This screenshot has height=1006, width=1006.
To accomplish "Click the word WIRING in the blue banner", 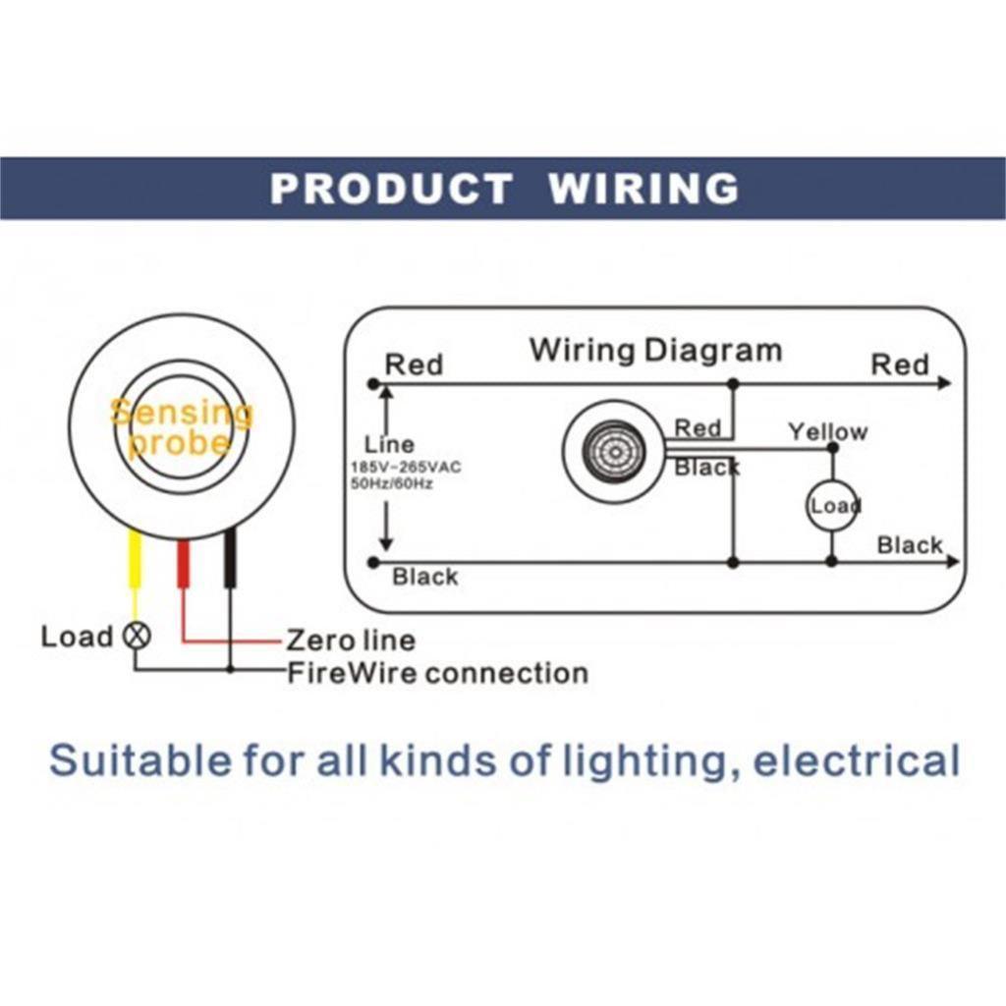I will pos(643,188).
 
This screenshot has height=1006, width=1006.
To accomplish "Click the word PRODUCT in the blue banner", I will pos(391,188).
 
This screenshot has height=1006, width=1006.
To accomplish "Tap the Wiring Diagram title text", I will pos(655,350).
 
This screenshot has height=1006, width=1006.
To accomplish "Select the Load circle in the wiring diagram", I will pos(832,506).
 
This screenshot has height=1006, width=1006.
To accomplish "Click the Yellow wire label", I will pos(827,431).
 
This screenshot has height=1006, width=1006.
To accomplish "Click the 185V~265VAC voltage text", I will pos(405,468).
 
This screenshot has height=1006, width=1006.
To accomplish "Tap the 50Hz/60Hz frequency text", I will pos(392,483).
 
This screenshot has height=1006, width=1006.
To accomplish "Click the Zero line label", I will pos(350,641).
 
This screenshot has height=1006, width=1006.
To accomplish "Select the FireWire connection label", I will pos(437,673).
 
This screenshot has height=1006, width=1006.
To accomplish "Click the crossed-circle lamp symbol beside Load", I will pos(137,636).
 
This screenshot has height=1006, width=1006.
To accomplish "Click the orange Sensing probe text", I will pos(182,428).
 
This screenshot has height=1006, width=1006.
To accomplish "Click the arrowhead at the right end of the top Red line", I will pos(944,382).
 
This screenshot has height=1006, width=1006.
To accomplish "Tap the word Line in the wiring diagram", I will pos(389,444).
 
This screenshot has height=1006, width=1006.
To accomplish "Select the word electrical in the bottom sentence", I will pos(856,760).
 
